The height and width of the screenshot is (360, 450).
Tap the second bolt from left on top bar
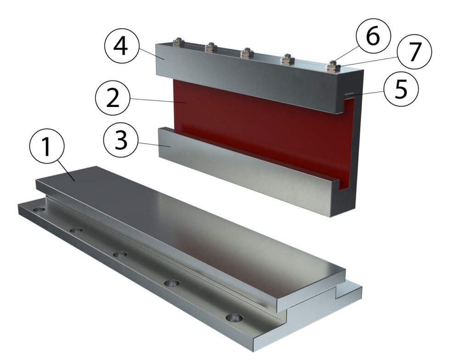211,47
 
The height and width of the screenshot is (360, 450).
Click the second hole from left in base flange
77,230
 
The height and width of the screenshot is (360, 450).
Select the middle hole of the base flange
120,254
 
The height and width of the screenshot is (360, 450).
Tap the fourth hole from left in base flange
172,283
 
